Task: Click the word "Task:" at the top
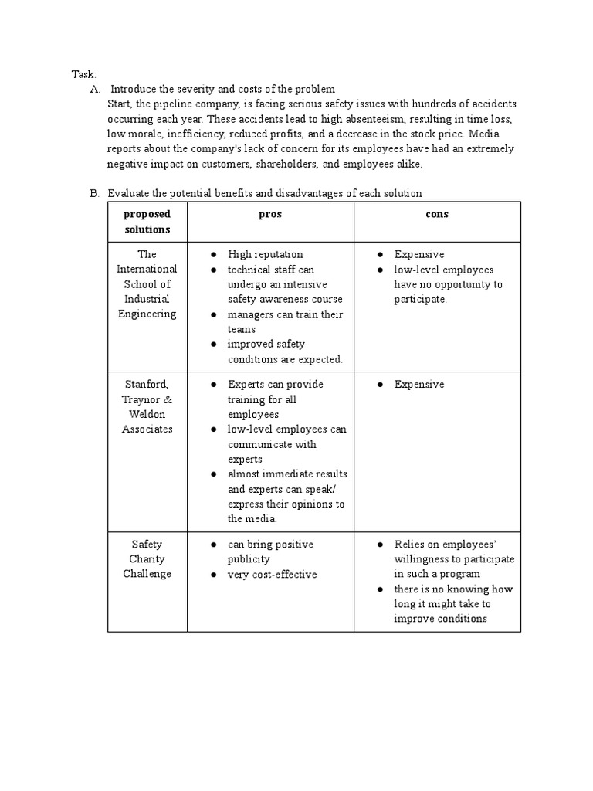[84, 74]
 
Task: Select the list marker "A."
[96, 90]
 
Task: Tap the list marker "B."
[96, 193]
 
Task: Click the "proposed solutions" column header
[147, 222]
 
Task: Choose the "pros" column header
[269, 214]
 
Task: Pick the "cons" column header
[437, 214]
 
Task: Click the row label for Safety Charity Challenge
[147, 558]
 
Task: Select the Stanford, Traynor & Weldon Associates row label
[147, 406]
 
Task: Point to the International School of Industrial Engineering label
[147, 283]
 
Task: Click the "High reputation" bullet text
[265, 254]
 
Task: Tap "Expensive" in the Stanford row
[419, 385]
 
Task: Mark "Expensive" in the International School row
[419, 254]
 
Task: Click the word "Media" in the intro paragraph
[498, 134]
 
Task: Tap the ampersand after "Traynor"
[168, 399]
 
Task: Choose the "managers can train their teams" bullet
[285, 321]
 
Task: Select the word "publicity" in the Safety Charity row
[249, 559]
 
